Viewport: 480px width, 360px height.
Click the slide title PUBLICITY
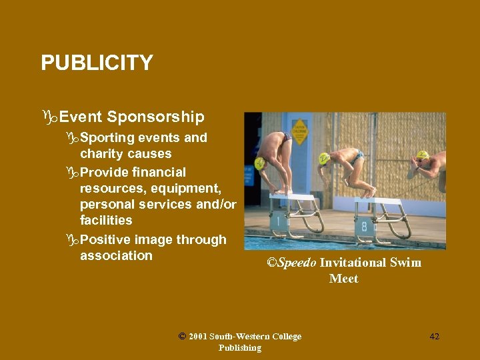click(97, 63)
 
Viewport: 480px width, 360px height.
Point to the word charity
click(103, 154)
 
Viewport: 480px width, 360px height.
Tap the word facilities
click(106, 220)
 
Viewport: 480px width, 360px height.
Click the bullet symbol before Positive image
click(73, 240)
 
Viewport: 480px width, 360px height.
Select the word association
click(116, 256)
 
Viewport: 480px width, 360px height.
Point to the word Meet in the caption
click(343, 279)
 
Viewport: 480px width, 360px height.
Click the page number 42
click(434, 337)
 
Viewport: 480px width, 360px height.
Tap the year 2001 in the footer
click(197, 337)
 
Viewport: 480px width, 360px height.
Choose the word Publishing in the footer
click(239, 347)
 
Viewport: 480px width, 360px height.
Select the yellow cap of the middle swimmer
click(325, 158)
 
